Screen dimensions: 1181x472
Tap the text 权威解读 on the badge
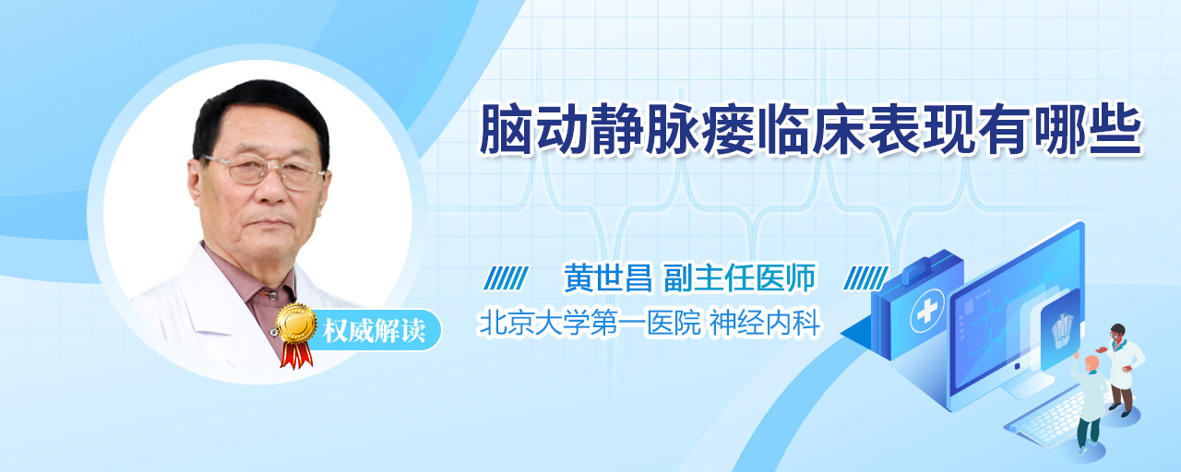point(374,331)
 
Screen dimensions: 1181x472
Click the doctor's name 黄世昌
point(608,277)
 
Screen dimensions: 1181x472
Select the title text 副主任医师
point(739,277)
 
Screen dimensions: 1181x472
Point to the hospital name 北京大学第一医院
point(590,323)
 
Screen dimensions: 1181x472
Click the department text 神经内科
point(765,323)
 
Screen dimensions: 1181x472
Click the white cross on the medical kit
point(926,312)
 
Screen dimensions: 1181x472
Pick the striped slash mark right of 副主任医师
point(865,278)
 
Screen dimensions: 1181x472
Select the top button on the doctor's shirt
point(272,295)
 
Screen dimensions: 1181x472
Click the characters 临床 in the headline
point(811,130)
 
